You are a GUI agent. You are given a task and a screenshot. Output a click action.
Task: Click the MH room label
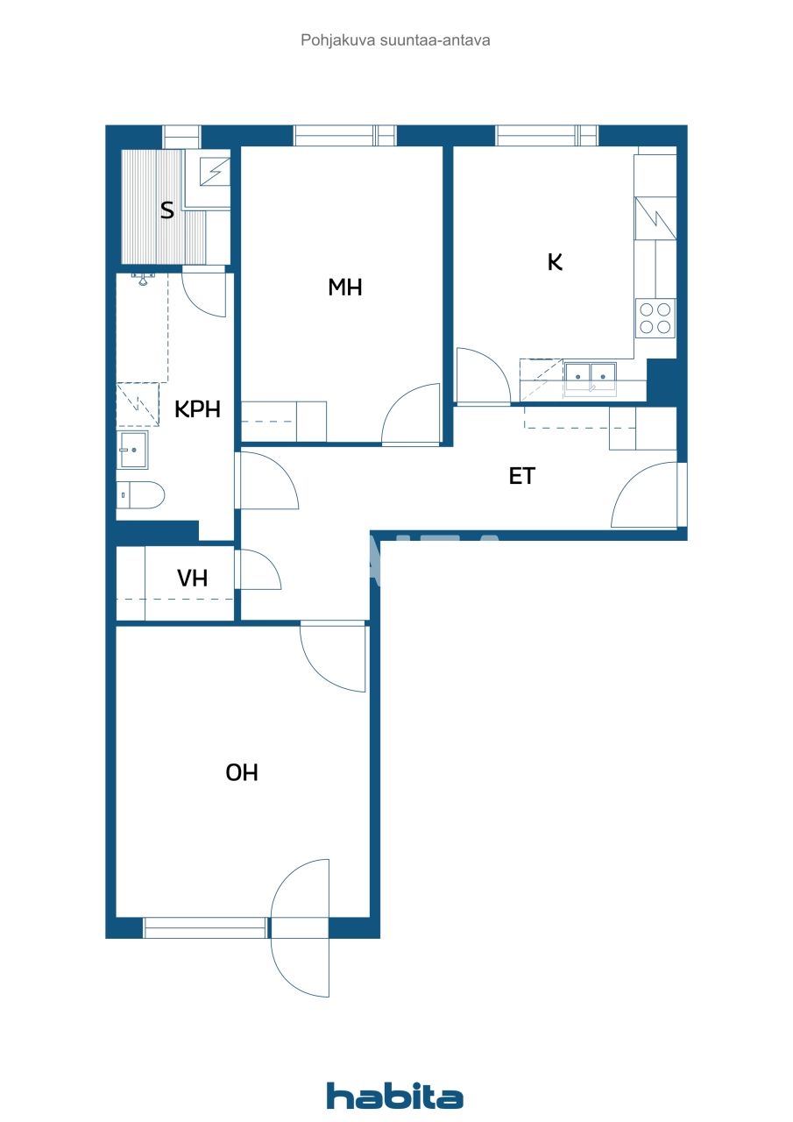(345, 287)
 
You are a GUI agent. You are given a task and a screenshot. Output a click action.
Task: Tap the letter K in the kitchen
(555, 262)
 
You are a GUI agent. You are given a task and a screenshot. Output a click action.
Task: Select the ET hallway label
(521, 476)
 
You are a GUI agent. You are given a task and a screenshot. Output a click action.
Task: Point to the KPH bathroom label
(197, 409)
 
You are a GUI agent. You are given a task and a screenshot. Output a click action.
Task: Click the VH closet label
(192, 578)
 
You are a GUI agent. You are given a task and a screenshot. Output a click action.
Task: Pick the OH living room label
(242, 772)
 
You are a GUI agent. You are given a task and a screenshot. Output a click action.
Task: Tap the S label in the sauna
(167, 210)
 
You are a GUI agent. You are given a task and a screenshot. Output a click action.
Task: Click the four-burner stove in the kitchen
(655, 318)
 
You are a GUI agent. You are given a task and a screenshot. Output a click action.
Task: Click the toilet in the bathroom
(141, 495)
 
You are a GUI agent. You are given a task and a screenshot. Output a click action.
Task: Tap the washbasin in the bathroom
(132, 450)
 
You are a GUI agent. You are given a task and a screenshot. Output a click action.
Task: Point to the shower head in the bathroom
(144, 280)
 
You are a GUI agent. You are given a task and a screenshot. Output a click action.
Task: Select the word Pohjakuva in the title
(338, 40)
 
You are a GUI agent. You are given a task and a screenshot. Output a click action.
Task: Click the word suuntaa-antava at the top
(435, 40)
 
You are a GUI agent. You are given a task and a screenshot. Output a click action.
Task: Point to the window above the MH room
(345, 135)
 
